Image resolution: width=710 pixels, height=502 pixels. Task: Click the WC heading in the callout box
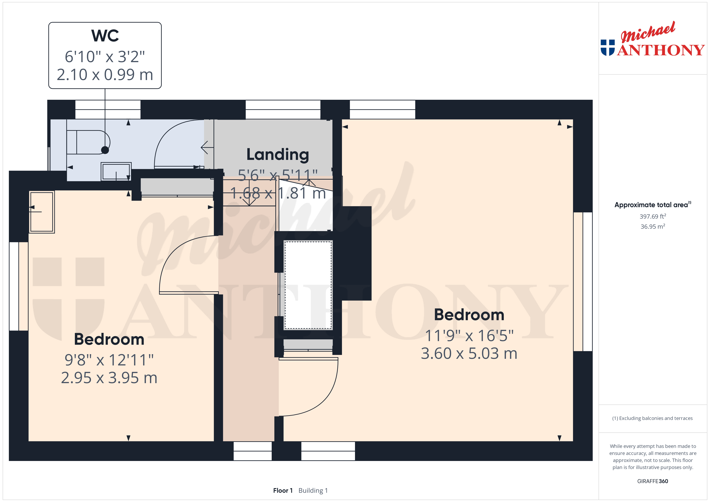click(105, 36)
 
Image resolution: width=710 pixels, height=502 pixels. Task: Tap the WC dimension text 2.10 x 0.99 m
click(105, 74)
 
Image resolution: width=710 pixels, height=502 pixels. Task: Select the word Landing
click(278, 154)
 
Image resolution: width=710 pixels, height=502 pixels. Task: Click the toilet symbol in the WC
click(88, 142)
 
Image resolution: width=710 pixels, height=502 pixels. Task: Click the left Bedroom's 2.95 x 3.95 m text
click(109, 378)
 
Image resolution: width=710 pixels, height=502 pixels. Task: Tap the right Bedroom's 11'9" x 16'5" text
click(469, 335)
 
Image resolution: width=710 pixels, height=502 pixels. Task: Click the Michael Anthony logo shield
click(608, 48)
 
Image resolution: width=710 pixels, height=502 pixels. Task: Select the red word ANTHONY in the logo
click(661, 50)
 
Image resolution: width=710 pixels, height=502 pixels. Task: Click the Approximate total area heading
click(652, 205)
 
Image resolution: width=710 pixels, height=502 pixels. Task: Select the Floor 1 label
click(283, 490)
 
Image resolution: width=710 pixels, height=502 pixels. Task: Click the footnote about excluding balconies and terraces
click(652, 418)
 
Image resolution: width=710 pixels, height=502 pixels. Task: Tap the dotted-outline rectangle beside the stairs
click(308, 285)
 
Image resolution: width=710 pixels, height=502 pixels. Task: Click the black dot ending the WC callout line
click(105, 150)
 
